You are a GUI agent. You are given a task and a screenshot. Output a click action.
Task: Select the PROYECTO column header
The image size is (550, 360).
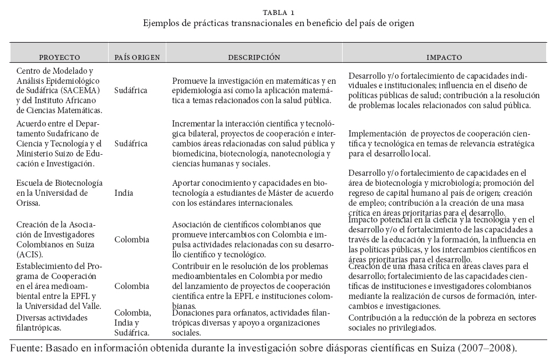[x=59, y=57]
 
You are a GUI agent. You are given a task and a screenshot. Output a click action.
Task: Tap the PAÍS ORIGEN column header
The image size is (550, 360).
[x=137, y=57]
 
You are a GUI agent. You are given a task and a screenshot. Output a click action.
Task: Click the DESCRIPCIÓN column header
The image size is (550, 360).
[x=254, y=57]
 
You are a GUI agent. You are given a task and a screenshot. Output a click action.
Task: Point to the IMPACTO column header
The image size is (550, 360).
[x=444, y=57]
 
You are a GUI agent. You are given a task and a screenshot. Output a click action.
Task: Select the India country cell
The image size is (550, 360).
[x=123, y=194]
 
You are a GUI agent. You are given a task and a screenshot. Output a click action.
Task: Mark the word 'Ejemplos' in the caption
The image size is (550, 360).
[x=161, y=24]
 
